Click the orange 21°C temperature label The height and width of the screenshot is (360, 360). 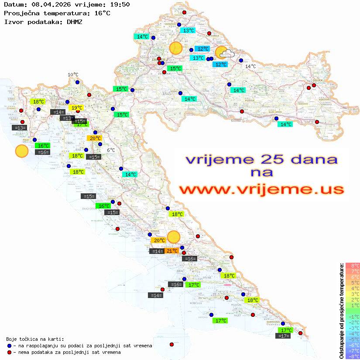(172, 251)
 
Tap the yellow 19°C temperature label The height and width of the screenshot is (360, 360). (75, 108)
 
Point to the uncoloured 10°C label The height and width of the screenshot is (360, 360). (73, 75)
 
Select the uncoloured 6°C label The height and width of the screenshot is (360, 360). (111, 150)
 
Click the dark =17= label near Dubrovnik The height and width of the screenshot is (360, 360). (284, 336)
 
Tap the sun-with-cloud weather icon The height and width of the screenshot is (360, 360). (225, 53)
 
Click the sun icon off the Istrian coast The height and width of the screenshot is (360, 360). (21, 151)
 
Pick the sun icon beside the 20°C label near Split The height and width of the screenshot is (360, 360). (174, 237)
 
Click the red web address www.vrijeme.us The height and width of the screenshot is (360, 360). (261, 189)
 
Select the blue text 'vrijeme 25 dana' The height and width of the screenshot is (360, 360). (261, 159)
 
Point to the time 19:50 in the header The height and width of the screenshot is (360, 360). (121, 4)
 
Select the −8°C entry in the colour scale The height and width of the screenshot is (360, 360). (353, 356)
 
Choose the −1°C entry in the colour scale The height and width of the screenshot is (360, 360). (353, 316)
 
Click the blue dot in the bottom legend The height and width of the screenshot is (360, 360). (9, 346)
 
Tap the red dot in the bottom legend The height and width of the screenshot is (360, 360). (9, 352)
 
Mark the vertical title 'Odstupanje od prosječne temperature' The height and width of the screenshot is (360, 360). (341, 311)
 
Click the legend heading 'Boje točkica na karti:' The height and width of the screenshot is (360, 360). (35, 339)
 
